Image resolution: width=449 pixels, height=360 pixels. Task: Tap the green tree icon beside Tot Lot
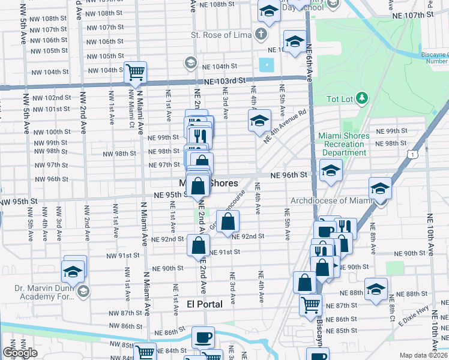coord(361,98)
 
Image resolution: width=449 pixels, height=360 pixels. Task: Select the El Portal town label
coord(204,304)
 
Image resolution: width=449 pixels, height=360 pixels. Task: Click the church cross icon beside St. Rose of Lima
coord(261,34)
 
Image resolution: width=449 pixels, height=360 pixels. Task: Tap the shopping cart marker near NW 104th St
coord(136,73)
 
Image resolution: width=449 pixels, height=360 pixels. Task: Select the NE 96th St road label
coord(288,175)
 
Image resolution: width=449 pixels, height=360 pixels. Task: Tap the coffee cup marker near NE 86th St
coord(203,337)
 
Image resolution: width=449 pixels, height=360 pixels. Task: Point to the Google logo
coord(20,352)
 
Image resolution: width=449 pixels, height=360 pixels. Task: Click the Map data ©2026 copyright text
coord(423,355)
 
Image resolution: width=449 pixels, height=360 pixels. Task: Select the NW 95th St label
coord(19,200)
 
